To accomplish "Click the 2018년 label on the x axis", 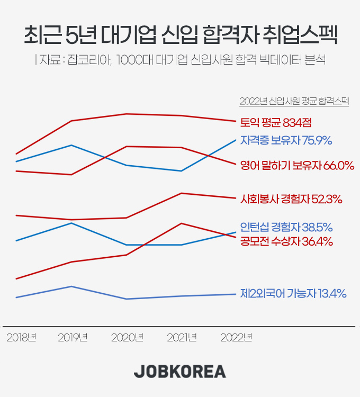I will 21,338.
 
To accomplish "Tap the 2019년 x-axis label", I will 73,338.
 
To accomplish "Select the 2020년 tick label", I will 127,338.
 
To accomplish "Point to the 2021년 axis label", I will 182,338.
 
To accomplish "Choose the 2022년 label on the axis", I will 236,338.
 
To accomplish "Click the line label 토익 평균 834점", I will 275,122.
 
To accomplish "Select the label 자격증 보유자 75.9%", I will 286,140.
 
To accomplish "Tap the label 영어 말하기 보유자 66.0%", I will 297,166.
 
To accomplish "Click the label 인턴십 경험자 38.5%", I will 286,228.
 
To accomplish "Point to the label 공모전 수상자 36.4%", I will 286,242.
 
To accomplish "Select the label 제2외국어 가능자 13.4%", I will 293,293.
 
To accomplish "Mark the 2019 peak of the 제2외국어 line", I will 71,286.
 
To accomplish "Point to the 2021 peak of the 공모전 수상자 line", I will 182,223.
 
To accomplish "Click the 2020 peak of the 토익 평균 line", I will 127,114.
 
